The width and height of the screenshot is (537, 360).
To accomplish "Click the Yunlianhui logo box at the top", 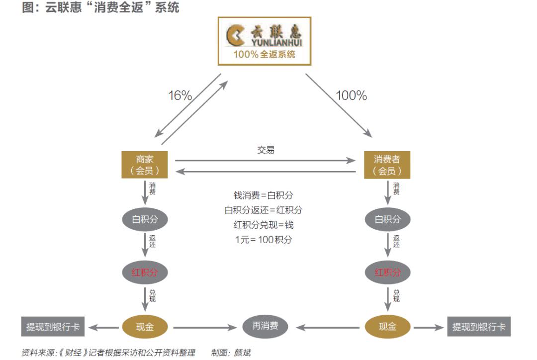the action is (265, 41).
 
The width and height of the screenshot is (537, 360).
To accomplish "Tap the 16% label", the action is (180, 95).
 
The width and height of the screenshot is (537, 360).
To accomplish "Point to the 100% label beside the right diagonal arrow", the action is (352, 95).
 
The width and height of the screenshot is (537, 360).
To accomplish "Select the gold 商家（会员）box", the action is (145, 165).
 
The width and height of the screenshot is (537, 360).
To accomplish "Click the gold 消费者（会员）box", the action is (387, 165).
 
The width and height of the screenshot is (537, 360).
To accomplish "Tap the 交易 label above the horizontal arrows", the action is (266, 150).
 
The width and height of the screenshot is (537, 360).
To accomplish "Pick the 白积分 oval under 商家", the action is (145, 219).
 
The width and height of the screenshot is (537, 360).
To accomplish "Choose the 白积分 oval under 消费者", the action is (387, 219).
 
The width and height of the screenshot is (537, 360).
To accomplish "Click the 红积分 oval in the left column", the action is (145, 272).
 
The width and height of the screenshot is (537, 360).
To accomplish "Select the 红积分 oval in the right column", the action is (387, 272).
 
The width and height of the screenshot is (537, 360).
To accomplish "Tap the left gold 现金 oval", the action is (145, 327).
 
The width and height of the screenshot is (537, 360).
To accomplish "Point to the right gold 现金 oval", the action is (387, 327).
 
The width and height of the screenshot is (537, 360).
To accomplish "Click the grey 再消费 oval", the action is (266, 326).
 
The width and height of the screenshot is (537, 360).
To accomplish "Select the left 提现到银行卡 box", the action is (53, 326).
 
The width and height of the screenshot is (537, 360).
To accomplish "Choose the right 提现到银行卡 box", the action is (479, 326).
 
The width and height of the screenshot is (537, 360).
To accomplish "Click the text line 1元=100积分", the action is (264, 240).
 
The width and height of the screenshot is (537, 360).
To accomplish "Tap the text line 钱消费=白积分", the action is (264, 195).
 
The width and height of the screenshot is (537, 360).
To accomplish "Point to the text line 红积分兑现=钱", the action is (264, 225).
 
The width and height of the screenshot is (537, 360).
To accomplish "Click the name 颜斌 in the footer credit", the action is (242, 353).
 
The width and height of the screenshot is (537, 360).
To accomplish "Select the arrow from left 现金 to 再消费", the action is (205, 328).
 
